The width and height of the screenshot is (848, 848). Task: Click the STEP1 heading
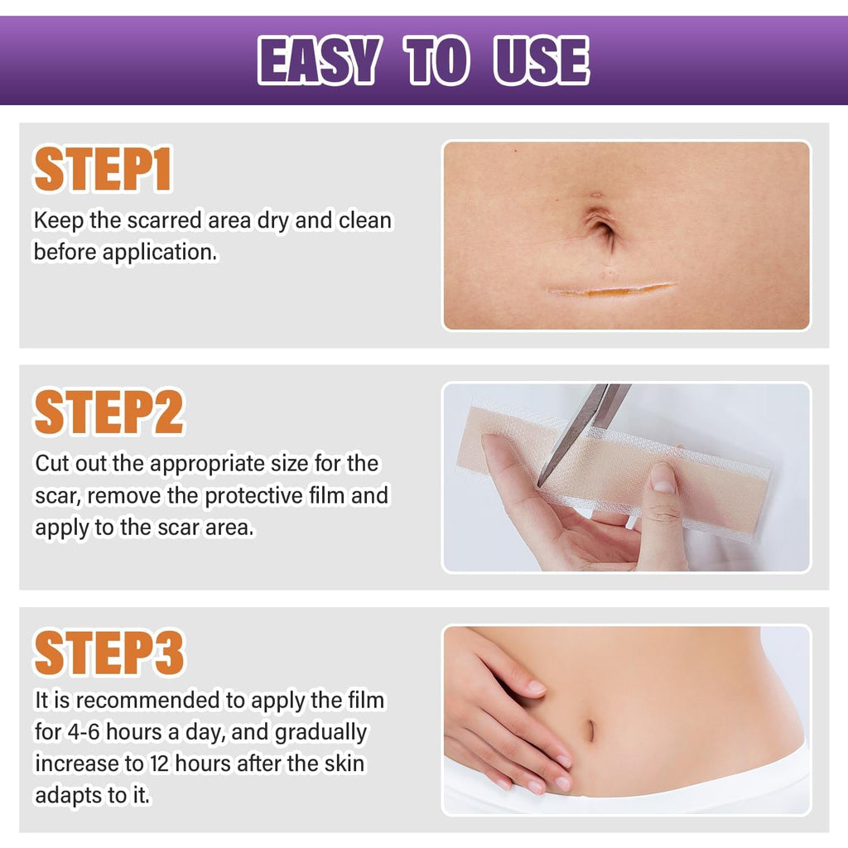click(x=103, y=171)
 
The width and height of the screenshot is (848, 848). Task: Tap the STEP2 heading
click(x=108, y=412)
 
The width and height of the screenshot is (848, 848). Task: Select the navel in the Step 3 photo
click(x=590, y=730)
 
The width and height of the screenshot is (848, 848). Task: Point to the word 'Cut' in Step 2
click(x=52, y=464)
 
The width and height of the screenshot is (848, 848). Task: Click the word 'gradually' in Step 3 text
click(x=320, y=733)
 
